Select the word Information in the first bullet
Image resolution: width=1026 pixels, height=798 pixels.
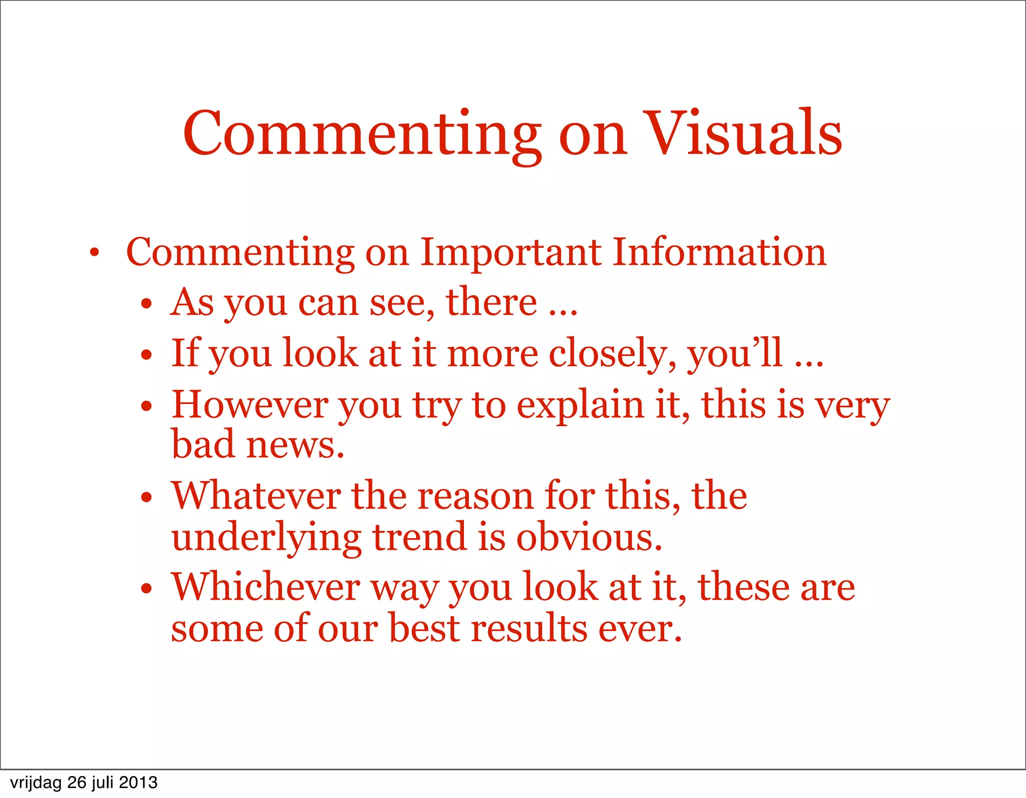(x=719, y=252)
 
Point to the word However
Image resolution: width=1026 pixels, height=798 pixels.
(x=250, y=405)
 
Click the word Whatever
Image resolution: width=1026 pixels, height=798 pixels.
(x=256, y=496)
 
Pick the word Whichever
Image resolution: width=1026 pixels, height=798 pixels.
(x=266, y=587)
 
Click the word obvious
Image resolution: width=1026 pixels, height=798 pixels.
(x=589, y=537)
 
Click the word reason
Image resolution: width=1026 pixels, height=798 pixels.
(x=475, y=496)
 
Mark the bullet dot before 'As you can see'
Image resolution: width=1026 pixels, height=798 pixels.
(x=146, y=304)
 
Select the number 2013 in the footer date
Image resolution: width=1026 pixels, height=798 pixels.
(x=138, y=782)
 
